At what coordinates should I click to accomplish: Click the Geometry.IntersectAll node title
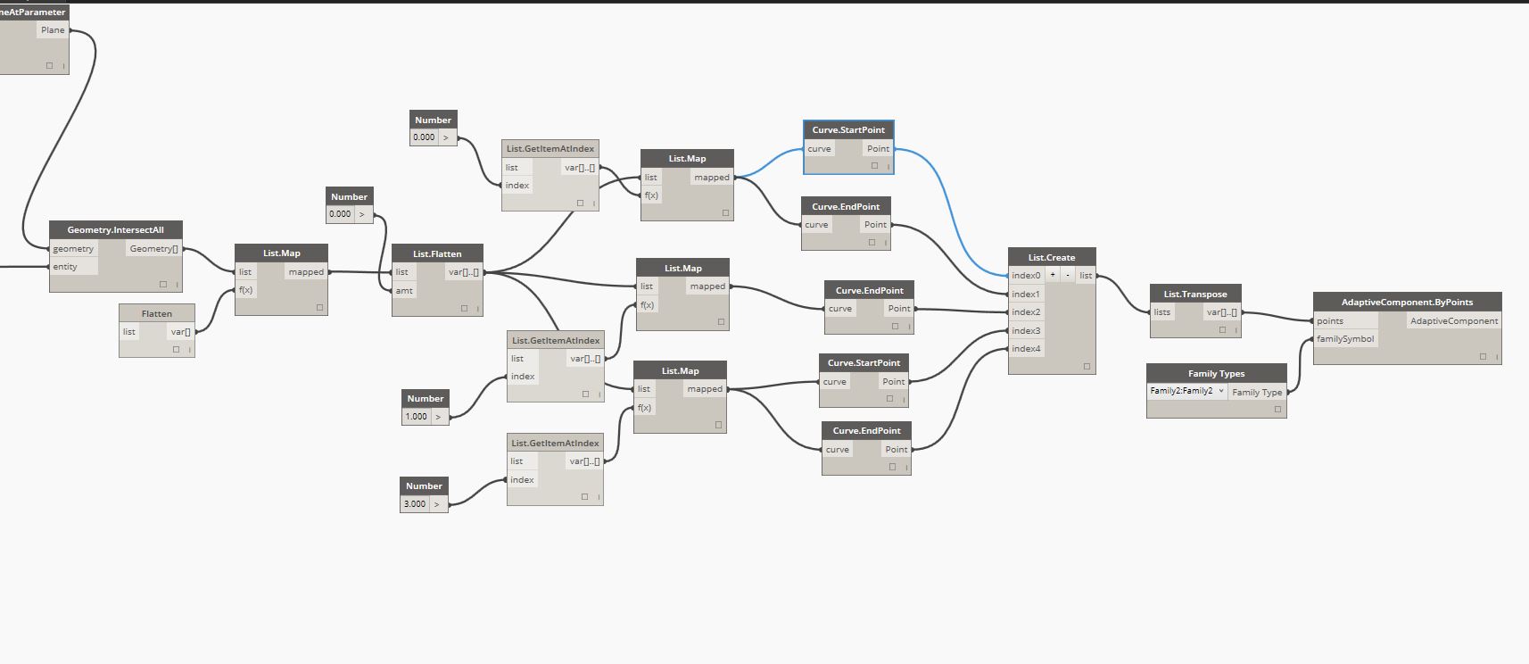click(x=115, y=229)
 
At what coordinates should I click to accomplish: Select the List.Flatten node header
click(x=437, y=253)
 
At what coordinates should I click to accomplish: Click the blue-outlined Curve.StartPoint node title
click(x=848, y=129)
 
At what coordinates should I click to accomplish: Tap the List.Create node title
click(x=1052, y=257)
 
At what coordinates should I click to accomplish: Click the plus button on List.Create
click(x=1053, y=275)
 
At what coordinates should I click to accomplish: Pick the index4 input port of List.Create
click(x=1026, y=349)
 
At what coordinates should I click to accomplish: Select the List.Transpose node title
click(x=1195, y=294)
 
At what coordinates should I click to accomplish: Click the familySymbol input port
click(x=1344, y=339)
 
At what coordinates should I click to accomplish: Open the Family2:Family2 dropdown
click(x=1187, y=391)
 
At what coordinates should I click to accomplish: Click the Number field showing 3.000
click(x=415, y=503)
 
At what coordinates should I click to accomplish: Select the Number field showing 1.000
click(x=417, y=416)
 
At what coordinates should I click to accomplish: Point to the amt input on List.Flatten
click(x=404, y=290)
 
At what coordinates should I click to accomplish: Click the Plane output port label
click(x=53, y=30)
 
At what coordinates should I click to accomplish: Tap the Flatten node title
click(x=157, y=313)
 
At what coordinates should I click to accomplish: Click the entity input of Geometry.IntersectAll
click(x=65, y=267)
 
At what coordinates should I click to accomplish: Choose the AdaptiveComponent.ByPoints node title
click(x=1407, y=302)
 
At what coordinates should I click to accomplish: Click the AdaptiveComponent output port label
click(x=1454, y=321)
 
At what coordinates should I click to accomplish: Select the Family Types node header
click(x=1217, y=373)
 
